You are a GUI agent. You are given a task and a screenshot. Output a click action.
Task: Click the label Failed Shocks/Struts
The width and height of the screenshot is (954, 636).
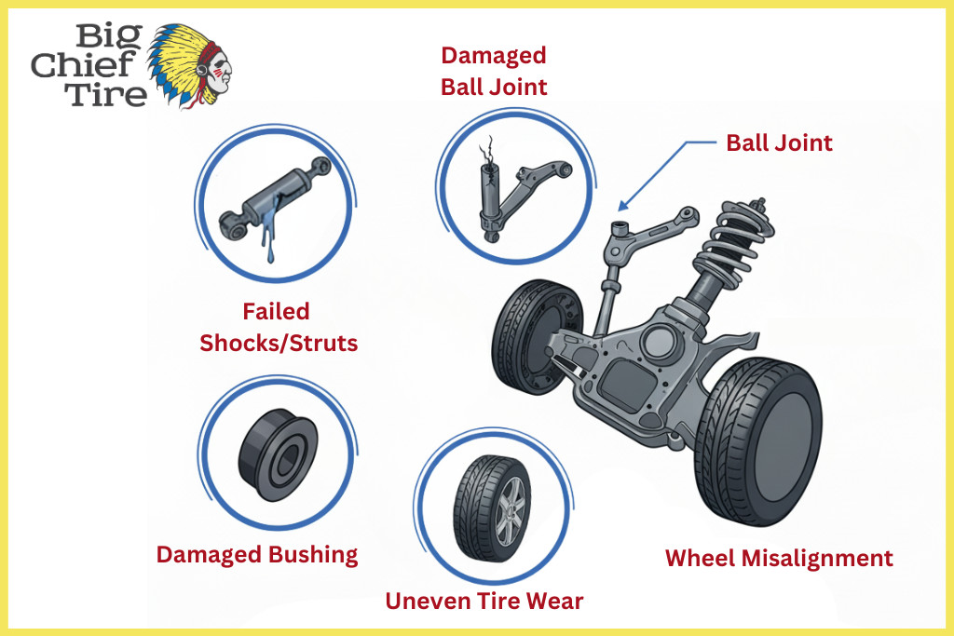click(x=279, y=327)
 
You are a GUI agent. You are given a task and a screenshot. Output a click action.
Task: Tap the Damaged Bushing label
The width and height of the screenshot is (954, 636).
click(x=257, y=555)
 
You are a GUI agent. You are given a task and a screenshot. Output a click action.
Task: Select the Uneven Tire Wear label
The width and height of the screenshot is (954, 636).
click(x=484, y=601)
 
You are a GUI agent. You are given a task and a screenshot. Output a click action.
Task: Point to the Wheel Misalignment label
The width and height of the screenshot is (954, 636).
click(x=779, y=558)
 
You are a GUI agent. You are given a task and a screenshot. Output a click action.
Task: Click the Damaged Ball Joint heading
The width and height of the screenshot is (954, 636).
click(x=494, y=71)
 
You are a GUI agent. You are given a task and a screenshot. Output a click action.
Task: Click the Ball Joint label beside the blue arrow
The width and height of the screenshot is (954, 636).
click(x=779, y=143)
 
